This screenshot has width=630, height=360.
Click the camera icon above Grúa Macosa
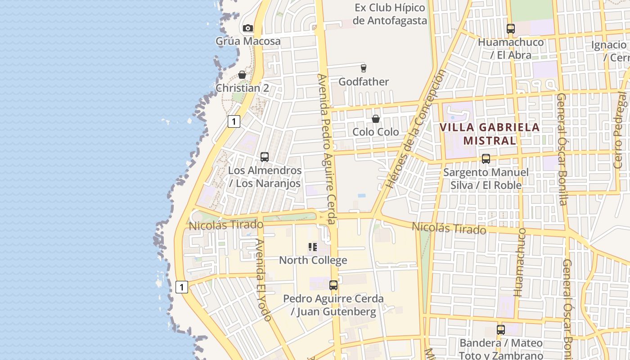tap(247, 28)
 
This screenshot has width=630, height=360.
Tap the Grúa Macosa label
tap(248, 41)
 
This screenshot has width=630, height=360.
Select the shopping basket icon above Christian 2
tap(242, 75)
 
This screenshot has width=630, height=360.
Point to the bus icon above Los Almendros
tap(265, 157)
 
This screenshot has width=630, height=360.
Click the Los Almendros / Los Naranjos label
tap(265, 177)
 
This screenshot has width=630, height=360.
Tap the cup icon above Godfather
tap(364, 68)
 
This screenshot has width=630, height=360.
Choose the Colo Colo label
tap(375, 132)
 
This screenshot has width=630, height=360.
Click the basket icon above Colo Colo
tap(375, 119)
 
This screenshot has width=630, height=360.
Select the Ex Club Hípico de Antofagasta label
tap(390, 14)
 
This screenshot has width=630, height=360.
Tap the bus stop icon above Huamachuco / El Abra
tap(510, 29)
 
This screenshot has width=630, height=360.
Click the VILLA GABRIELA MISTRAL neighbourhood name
tap(489, 134)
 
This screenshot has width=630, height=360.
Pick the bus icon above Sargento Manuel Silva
tap(486, 159)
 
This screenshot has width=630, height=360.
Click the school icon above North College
tap(313, 247)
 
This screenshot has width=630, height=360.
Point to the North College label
tap(313, 260)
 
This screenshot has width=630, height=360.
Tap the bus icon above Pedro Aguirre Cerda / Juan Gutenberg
tap(333, 285)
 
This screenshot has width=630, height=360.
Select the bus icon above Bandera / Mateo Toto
tap(501, 330)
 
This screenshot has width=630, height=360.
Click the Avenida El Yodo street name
tap(263, 280)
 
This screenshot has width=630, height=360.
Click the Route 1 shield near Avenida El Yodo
tap(181, 287)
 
